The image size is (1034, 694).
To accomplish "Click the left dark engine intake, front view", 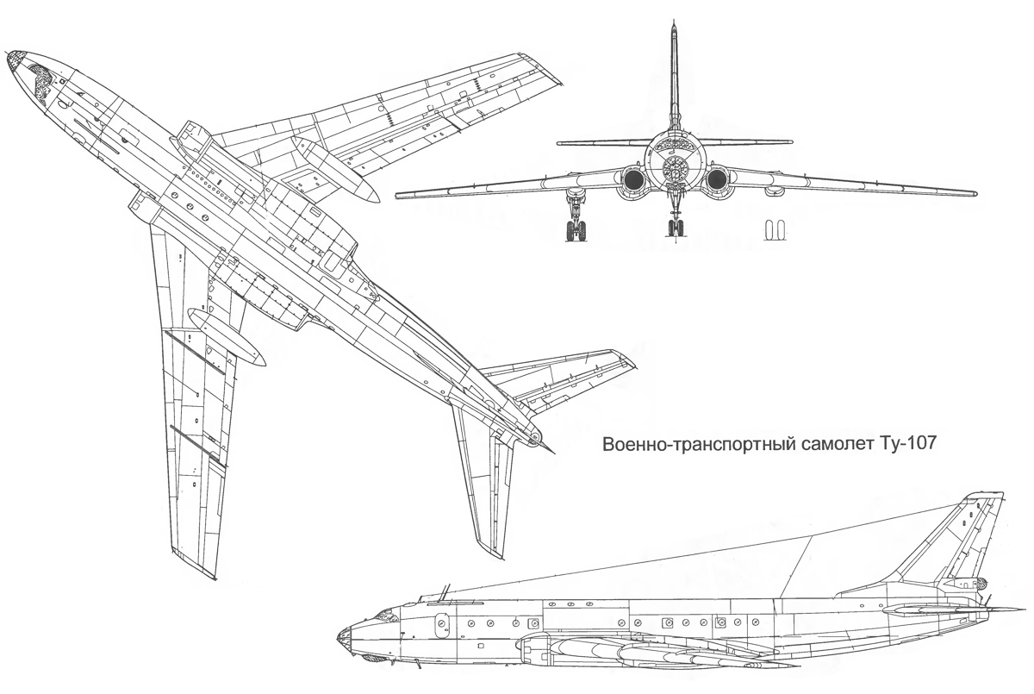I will point(633,179).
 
